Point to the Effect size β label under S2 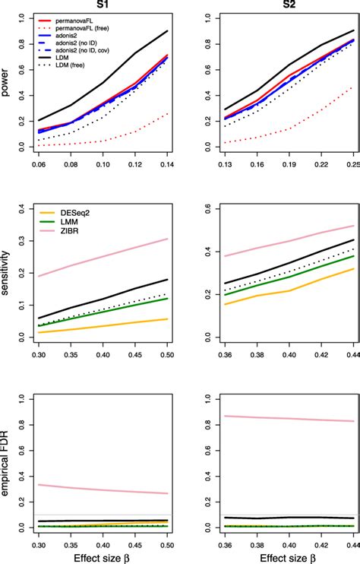271,557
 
